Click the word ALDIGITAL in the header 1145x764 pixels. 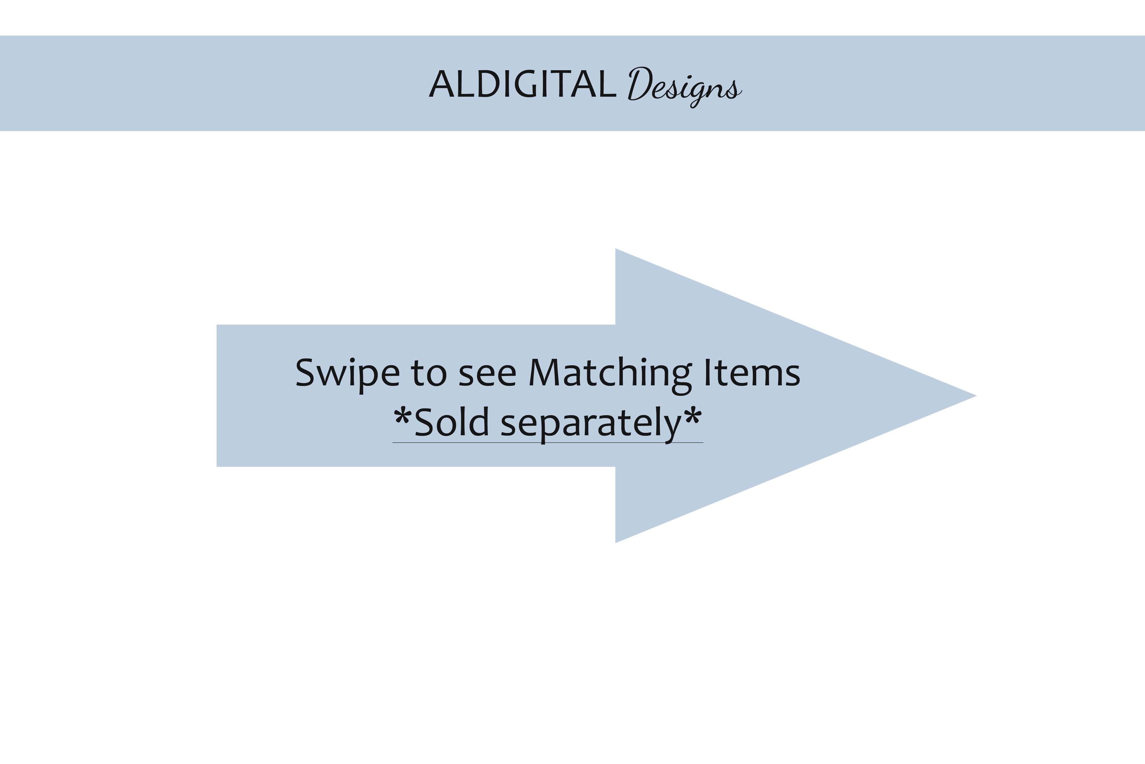(523, 83)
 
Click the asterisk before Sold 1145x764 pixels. (402, 417)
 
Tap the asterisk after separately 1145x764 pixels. (693, 417)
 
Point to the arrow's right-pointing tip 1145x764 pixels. (976, 396)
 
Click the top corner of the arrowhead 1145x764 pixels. (616, 249)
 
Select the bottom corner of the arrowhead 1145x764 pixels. (616, 542)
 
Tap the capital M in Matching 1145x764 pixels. (544, 373)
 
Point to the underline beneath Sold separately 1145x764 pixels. (548, 443)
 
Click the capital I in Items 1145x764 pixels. (707, 373)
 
